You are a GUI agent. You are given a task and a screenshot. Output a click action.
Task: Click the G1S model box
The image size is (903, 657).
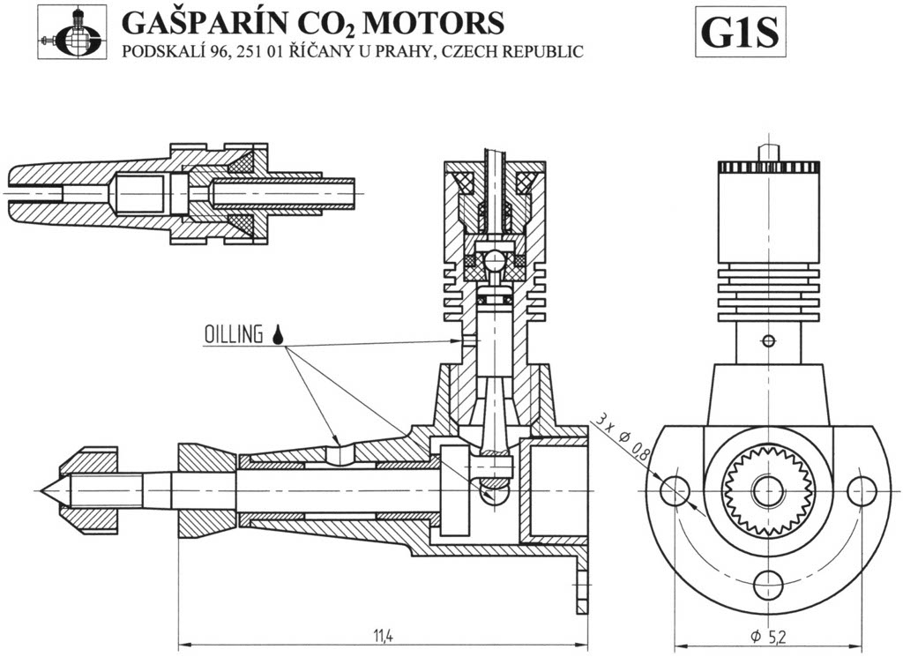pos(740,33)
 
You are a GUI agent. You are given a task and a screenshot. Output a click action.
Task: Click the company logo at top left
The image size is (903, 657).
pos(72,33)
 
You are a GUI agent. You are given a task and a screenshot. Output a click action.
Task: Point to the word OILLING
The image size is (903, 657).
pos(233,334)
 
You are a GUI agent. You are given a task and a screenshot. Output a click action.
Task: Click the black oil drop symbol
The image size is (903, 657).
pos(278,334)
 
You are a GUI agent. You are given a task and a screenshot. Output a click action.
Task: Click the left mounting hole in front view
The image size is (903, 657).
pos(675,491)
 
